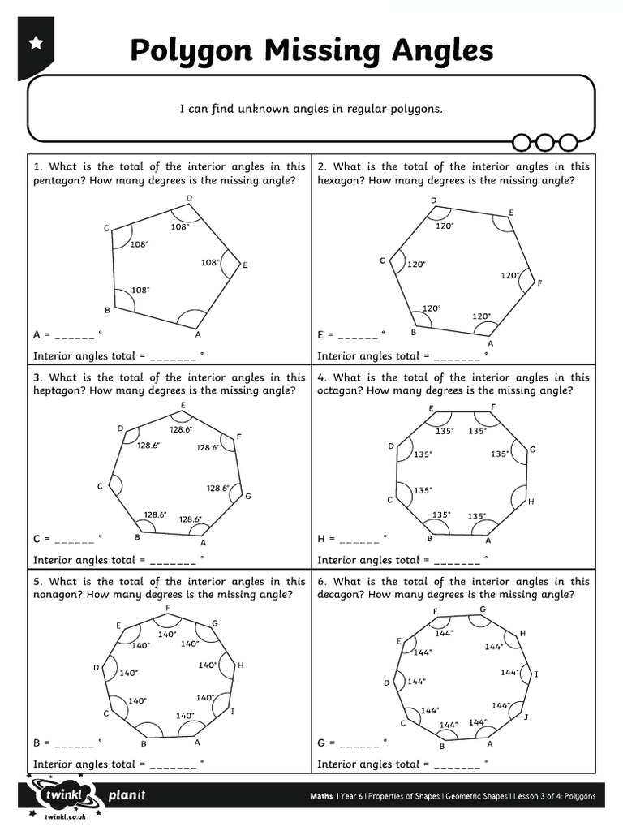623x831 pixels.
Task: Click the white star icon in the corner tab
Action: [36, 45]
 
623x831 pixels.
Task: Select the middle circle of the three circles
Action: [544, 143]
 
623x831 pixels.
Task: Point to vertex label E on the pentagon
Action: [245, 265]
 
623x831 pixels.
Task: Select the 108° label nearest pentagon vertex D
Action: [179, 227]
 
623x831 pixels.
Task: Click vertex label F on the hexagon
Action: [539, 283]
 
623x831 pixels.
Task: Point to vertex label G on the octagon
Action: [532, 450]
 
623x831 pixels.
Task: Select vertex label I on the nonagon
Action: [233, 711]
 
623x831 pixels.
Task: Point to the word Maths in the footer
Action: [321, 796]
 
